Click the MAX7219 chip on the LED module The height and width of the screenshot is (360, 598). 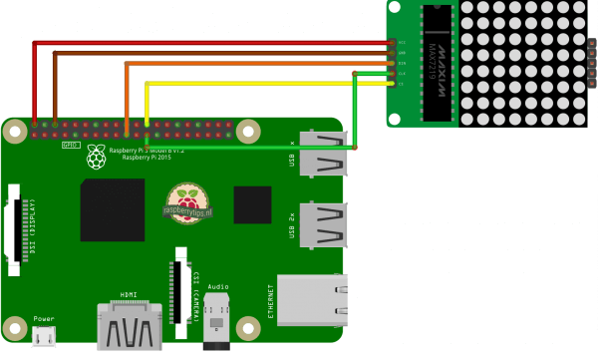coord(437,63)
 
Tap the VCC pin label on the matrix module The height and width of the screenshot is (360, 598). coord(402,43)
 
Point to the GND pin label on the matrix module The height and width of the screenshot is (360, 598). coord(402,53)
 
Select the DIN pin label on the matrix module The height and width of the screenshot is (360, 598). coord(402,63)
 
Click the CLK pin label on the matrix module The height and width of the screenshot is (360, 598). coord(402,73)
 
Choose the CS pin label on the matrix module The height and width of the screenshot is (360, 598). coord(402,83)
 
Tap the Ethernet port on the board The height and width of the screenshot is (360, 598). coord(313,299)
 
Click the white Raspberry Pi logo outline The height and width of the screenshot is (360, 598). coord(97,155)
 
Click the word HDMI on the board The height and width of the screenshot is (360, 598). coord(129,295)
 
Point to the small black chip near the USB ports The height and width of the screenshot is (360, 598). coord(253,206)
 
